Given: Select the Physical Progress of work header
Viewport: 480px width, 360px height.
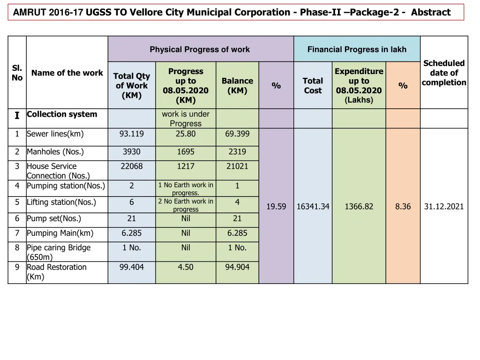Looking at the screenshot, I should (200, 49).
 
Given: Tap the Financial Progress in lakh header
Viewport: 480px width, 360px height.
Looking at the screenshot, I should (357, 49).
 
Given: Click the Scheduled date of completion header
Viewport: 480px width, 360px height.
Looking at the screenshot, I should (444, 73).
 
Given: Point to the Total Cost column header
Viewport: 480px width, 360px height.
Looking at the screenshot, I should (313, 85).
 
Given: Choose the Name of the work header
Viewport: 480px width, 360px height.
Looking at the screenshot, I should (67, 73).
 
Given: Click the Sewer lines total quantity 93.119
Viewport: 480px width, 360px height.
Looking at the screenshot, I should (131, 134).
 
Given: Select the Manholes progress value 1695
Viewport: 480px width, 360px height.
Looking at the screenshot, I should (186, 152).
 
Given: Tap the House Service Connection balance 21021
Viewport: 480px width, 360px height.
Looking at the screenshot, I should (237, 166).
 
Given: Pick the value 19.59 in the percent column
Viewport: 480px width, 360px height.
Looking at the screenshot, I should (276, 206).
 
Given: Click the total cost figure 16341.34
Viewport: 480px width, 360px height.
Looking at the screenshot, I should (313, 206).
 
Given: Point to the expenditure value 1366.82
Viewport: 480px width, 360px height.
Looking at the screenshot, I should (359, 206).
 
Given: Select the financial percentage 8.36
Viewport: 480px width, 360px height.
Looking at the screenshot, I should (403, 206).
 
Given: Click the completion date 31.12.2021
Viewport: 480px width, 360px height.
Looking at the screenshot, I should (444, 206).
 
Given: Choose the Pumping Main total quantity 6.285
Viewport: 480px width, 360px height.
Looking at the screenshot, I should (131, 233).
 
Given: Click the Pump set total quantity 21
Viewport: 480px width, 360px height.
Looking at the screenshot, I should (131, 218).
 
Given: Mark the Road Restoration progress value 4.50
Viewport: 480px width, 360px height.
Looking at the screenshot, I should (186, 267).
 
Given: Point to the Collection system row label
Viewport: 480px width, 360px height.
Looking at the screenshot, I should (62, 114).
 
